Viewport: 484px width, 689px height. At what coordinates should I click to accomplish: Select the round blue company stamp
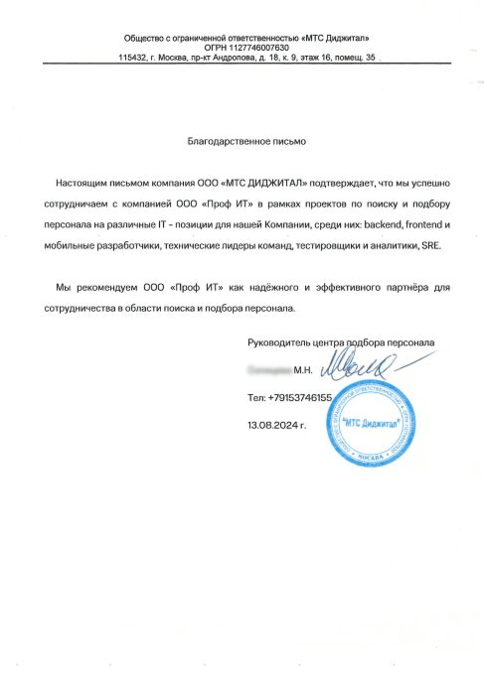click(x=370, y=423)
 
